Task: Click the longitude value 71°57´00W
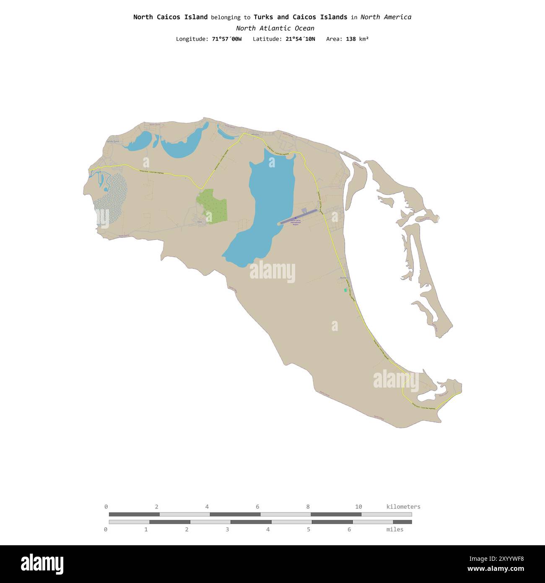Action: coord(227,39)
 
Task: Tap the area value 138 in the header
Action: coord(351,39)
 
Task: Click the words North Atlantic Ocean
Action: coord(275,28)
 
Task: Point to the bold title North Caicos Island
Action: coord(170,17)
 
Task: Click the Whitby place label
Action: coord(255,134)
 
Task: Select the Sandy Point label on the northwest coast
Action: coord(114,142)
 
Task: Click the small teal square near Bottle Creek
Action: coord(345,290)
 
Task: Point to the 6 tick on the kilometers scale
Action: coord(257,507)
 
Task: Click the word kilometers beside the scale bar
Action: coord(403,507)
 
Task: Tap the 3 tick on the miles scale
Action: coord(227,529)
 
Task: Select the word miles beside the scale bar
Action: coord(394,529)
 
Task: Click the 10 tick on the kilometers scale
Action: coord(358,507)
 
